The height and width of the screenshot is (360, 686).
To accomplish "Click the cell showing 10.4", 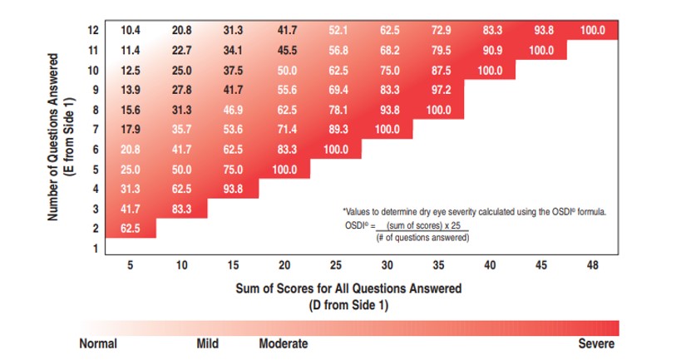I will point(131,31).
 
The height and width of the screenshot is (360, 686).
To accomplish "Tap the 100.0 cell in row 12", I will point(594,31).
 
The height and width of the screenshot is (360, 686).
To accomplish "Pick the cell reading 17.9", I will point(131,129).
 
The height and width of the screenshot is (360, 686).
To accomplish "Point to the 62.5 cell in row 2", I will point(131,228).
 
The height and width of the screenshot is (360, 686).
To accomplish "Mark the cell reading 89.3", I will point(336,129).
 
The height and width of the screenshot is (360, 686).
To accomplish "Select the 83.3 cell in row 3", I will point(182,208).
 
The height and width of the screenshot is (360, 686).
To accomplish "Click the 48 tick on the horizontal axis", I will point(593,265).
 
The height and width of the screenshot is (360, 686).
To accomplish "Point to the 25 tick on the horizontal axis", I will point(336,265).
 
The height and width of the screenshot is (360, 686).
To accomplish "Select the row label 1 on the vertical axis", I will point(96,248).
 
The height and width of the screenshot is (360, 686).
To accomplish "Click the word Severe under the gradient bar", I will point(596,343).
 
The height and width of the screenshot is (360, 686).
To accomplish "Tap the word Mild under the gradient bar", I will point(207,343).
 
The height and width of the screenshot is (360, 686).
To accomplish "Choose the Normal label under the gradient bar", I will point(97,343).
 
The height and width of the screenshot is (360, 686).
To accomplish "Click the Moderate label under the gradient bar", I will point(284,343).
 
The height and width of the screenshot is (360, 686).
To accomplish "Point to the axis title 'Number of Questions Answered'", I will point(53,138).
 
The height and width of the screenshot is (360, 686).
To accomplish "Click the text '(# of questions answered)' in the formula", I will point(422,238).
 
